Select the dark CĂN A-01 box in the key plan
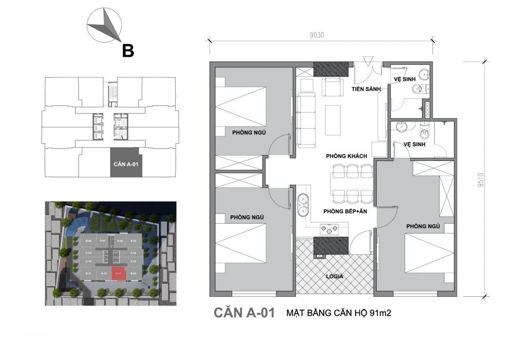click(x=125, y=163)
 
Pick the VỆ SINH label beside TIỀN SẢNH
click(x=405, y=79)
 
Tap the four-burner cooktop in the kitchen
click(x=330, y=230)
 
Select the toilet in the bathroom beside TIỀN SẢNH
click(x=418, y=90)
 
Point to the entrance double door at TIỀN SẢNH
click(x=365, y=69)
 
